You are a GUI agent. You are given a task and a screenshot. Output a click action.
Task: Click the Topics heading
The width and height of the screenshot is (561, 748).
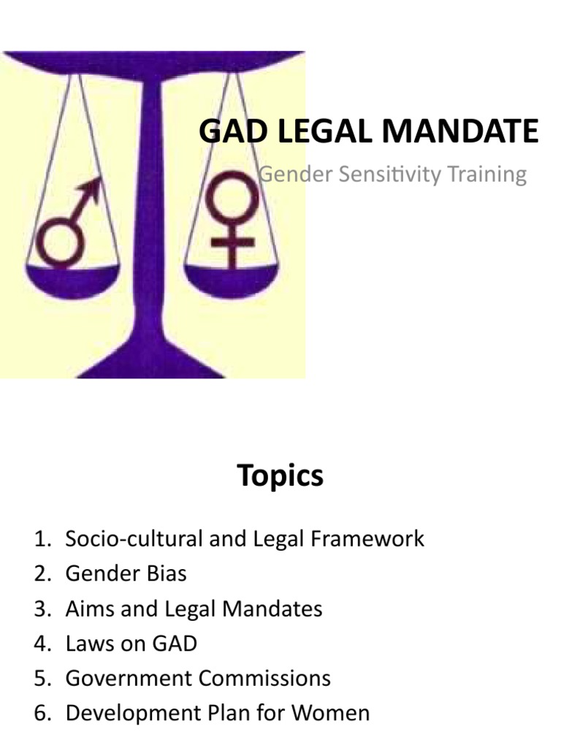(280, 476)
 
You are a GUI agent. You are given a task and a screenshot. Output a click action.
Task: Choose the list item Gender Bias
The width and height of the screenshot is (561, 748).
(126, 574)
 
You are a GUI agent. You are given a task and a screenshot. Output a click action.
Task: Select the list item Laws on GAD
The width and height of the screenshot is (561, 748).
(131, 644)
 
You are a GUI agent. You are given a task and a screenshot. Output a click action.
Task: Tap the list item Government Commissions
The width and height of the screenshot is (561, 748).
(197, 678)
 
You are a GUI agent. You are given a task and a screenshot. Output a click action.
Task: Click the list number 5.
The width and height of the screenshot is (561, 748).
(41, 678)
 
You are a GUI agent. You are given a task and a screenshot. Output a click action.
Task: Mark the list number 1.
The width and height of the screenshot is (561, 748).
(41, 539)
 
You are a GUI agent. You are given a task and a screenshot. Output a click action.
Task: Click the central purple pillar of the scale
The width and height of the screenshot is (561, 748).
(151, 219)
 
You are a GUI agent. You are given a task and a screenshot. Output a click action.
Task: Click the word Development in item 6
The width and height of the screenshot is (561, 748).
(132, 713)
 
